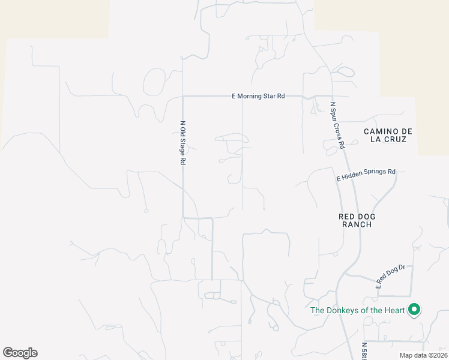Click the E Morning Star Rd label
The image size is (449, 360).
pos(258,96)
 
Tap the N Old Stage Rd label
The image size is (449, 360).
pos(183,143)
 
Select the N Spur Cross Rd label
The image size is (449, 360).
pos(337,125)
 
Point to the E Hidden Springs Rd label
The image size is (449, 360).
pos(366,175)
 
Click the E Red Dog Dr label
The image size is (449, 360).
pos(391,276)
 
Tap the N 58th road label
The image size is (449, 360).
pos(364,351)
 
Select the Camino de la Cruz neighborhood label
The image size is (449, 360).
pos(385,135)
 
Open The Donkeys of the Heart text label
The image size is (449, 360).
pos(357,310)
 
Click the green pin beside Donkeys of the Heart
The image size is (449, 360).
pos(414,310)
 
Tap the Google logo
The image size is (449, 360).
pos(20,353)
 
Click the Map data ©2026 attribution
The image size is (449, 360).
pos(423,355)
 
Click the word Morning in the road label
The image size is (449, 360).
pos(252,96)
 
